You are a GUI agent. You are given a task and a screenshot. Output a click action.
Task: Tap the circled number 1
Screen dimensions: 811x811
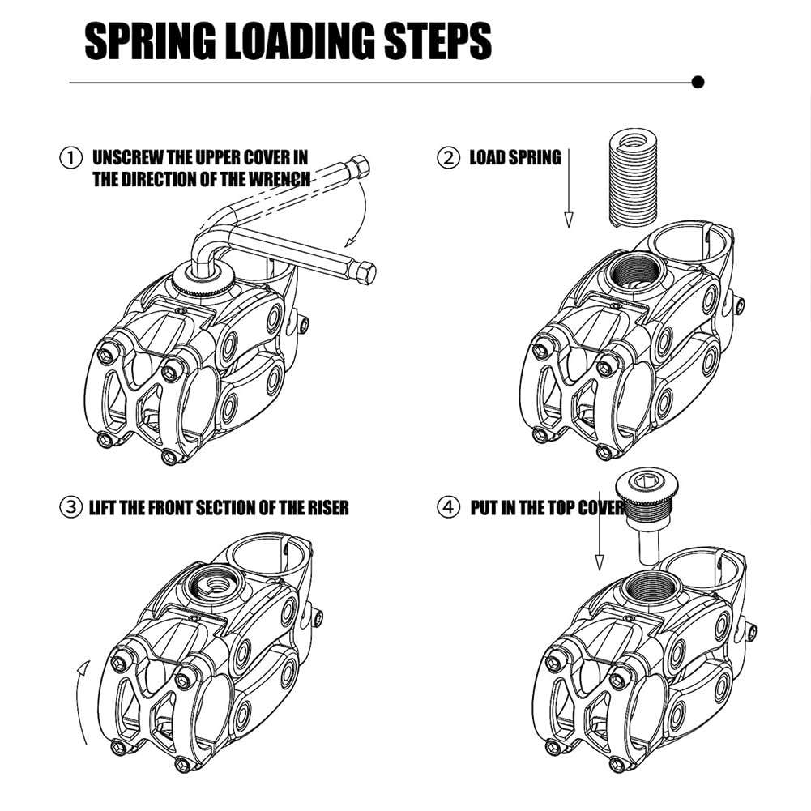click(71, 157)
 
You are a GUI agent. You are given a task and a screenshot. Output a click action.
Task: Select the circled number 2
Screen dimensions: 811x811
click(448, 157)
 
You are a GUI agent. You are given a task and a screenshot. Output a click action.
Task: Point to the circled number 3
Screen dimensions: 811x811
click(71, 508)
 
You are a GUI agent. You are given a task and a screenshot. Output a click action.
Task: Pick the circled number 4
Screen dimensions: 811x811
click(448, 508)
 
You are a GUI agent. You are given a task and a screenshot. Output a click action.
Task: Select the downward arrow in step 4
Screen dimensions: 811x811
click(599, 535)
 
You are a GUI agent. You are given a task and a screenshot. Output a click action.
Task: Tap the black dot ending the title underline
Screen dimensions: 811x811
click(698, 82)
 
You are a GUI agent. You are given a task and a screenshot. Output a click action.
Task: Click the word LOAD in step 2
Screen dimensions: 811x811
click(488, 157)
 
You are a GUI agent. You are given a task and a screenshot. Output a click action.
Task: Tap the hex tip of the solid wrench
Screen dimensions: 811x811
click(365, 272)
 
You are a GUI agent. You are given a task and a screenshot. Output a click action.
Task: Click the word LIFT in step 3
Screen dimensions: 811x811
click(105, 508)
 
